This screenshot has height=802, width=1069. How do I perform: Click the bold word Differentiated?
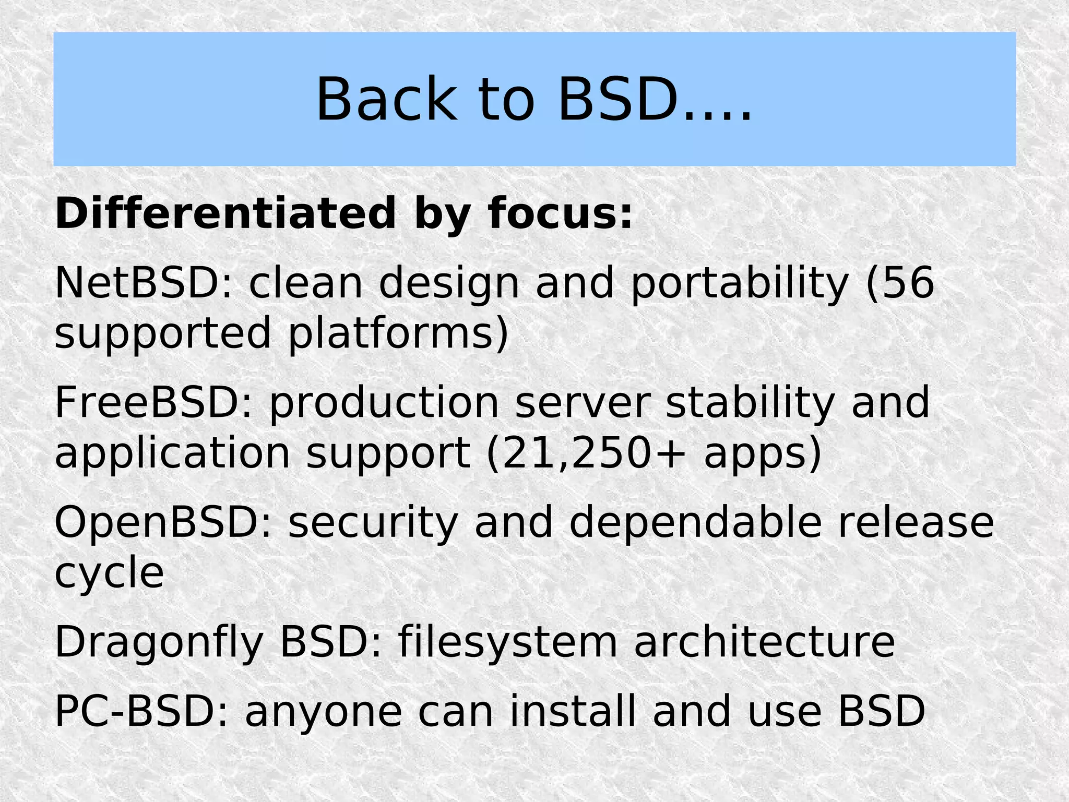225,213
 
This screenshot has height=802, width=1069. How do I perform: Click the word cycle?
109,572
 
